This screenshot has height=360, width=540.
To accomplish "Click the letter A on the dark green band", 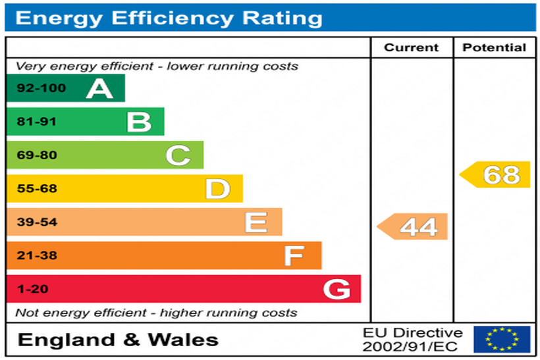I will pyautogui.click(x=99, y=88).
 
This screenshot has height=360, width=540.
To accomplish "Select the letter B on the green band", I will pyautogui.click(x=139, y=122).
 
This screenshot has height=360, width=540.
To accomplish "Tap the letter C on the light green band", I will pyautogui.click(x=178, y=155).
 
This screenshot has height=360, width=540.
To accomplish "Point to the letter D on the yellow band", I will pyautogui.click(x=217, y=189).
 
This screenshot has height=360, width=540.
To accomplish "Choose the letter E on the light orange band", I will pyautogui.click(x=256, y=222).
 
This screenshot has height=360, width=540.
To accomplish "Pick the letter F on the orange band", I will pyautogui.click(x=294, y=255).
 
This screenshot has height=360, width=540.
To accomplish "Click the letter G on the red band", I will pyautogui.click(x=337, y=289).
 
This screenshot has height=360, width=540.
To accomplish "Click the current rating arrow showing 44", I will pyautogui.click(x=413, y=226).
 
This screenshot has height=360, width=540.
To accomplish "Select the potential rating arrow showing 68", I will pyautogui.click(x=495, y=174).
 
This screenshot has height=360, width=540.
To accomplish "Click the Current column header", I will pyautogui.click(x=411, y=47).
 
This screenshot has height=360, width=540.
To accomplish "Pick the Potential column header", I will pyautogui.click(x=494, y=47).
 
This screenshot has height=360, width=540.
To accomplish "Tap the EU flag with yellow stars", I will pyautogui.click(x=502, y=340).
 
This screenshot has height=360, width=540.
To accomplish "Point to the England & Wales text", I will pyautogui.click(x=118, y=340).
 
